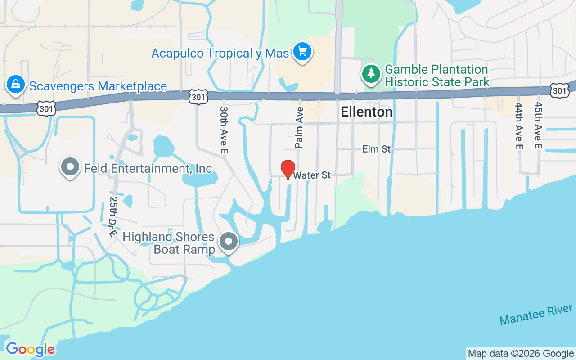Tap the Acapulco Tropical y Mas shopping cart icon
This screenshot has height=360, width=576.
(x=302, y=52)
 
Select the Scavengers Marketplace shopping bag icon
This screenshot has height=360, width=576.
(x=16, y=85)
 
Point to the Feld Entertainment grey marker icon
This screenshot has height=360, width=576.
(x=70, y=167)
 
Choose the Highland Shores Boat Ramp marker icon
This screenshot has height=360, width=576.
(x=229, y=242)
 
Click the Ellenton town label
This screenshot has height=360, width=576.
(x=366, y=112)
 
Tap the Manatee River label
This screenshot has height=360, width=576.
(x=536, y=315)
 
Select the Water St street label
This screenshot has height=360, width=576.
(x=312, y=175)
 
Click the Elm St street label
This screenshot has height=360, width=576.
(x=377, y=149)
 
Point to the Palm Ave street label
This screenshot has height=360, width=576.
(x=299, y=127)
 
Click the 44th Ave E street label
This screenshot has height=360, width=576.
(x=519, y=126)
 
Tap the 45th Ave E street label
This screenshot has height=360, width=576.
(x=538, y=126)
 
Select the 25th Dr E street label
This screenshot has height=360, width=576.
(x=113, y=216)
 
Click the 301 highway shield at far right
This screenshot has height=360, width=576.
(x=559, y=91)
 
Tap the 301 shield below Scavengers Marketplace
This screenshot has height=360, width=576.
(x=47, y=108)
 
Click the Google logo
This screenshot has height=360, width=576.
(x=30, y=349)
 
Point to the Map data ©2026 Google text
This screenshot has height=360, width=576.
(x=521, y=354)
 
